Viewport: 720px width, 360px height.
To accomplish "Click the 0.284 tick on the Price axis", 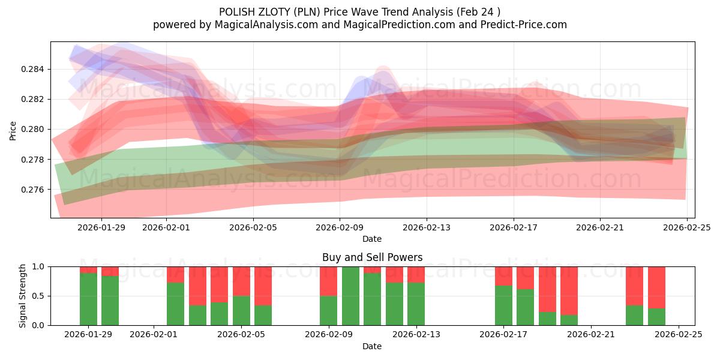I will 33,69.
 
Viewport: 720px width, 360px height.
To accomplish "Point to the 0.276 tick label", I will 33,190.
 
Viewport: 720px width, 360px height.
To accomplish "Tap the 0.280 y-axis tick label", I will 33,129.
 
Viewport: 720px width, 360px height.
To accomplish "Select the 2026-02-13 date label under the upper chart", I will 426,227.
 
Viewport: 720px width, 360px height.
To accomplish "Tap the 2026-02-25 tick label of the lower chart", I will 679,334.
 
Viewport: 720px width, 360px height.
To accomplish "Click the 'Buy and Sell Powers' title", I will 372,257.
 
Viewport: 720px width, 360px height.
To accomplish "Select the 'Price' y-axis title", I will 13,130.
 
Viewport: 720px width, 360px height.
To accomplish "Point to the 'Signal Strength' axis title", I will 23,296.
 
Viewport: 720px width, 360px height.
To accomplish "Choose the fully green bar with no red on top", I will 350,296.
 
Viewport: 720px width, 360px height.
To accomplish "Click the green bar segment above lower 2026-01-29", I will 88,299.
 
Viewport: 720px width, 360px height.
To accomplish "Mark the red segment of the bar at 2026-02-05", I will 241,281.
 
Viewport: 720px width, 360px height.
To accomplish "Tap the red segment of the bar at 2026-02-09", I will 328,281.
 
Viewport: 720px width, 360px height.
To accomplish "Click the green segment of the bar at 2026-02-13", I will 416,304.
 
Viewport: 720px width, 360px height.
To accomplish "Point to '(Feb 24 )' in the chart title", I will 478,11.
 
